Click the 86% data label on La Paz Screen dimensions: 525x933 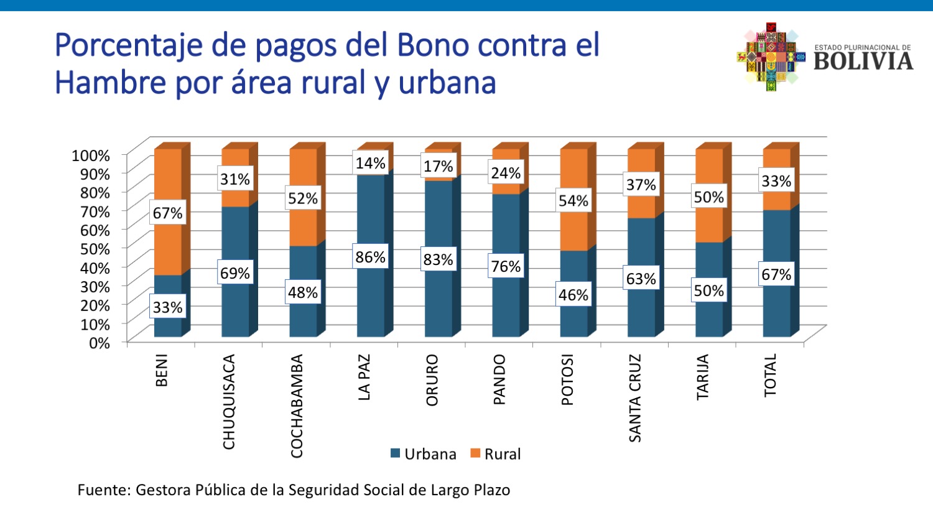pyautogui.click(x=370, y=256)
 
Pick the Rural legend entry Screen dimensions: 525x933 pyautogui.click(x=496, y=454)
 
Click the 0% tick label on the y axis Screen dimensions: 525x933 pyautogui.click(x=99, y=343)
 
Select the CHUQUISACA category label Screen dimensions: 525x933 pyautogui.click(x=229, y=401)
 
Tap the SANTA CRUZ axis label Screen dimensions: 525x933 pyautogui.click(x=634, y=398)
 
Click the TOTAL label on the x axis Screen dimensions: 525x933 pyautogui.click(x=770, y=375)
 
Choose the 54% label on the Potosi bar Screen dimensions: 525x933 pyautogui.click(x=573, y=200)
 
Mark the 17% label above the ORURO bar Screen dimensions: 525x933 pyautogui.click(x=438, y=166)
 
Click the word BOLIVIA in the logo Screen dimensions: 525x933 pyautogui.click(x=863, y=61)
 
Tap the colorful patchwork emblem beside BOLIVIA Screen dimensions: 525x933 pyautogui.click(x=770, y=57)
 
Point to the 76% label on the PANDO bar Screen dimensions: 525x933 pyautogui.click(x=506, y=266)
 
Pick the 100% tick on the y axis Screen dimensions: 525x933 pyautogui.click(x=91, y=155)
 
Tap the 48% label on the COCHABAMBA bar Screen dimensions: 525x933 pyautogui.click(x=303, y=292)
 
